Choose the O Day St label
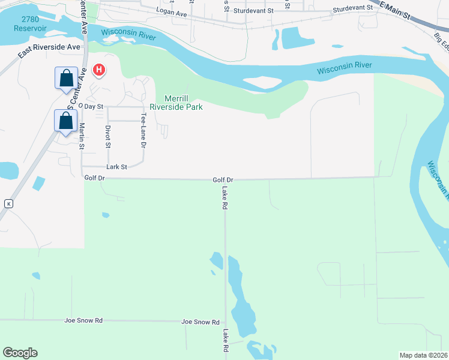pos(94,106)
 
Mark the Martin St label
pos(82,135)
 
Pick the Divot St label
pos(108,136)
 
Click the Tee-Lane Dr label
pos(143,130)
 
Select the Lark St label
pos(116,167)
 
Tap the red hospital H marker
pos(99,71)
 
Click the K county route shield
pos(8,203)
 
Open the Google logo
pos(20,353)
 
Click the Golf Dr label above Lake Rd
pos(223,179)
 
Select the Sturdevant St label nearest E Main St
pos(353,11)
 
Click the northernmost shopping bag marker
pos(66,78)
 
